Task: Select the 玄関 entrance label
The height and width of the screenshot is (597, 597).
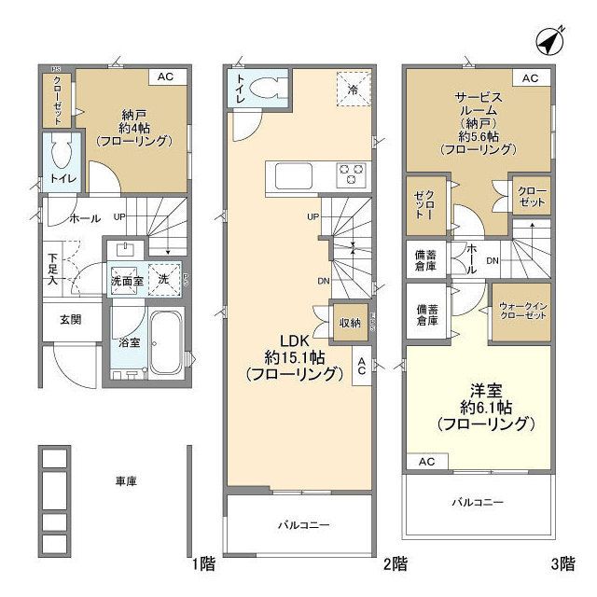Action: (71, 319)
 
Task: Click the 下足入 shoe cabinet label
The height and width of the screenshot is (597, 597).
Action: (54, 268)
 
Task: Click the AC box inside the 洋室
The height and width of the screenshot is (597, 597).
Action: (426, 462)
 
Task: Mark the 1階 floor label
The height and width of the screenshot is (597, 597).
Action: (203, 563)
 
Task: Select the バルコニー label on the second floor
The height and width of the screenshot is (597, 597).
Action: (303, 525)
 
